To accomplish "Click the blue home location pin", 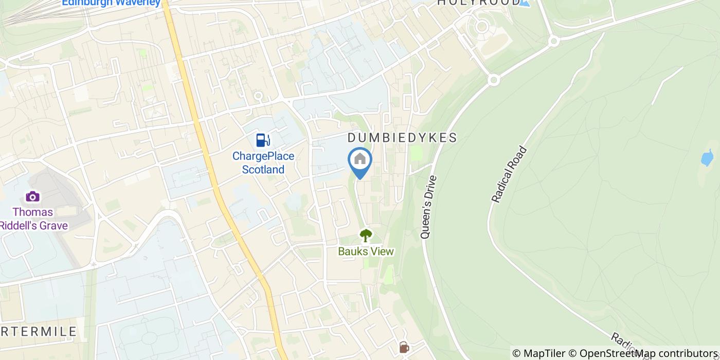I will click(x=360, y=160).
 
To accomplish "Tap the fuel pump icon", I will click(x=263, y=140).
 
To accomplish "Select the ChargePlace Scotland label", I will click(x=263, y=163).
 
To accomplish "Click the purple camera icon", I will click(x=32, y=196).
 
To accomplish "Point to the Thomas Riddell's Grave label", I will click(x=34, y=219).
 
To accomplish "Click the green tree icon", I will click(x=366, y=236).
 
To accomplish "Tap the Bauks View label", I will click(x=366, y=251).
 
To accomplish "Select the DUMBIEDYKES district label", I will click(x=402, y=138).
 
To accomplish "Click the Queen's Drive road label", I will click(x=428, y=207).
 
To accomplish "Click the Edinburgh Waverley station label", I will click(x=111, y=3).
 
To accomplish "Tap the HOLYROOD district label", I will click(x=478, y=3).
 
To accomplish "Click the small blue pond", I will click(x=707, y=158).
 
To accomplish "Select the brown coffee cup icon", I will click(x=404, y=347).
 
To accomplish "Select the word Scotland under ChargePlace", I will click(x=263, y=170).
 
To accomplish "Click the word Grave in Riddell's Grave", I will click(x=53, y=225).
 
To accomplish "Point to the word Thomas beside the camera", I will click(x=33, y=212).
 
